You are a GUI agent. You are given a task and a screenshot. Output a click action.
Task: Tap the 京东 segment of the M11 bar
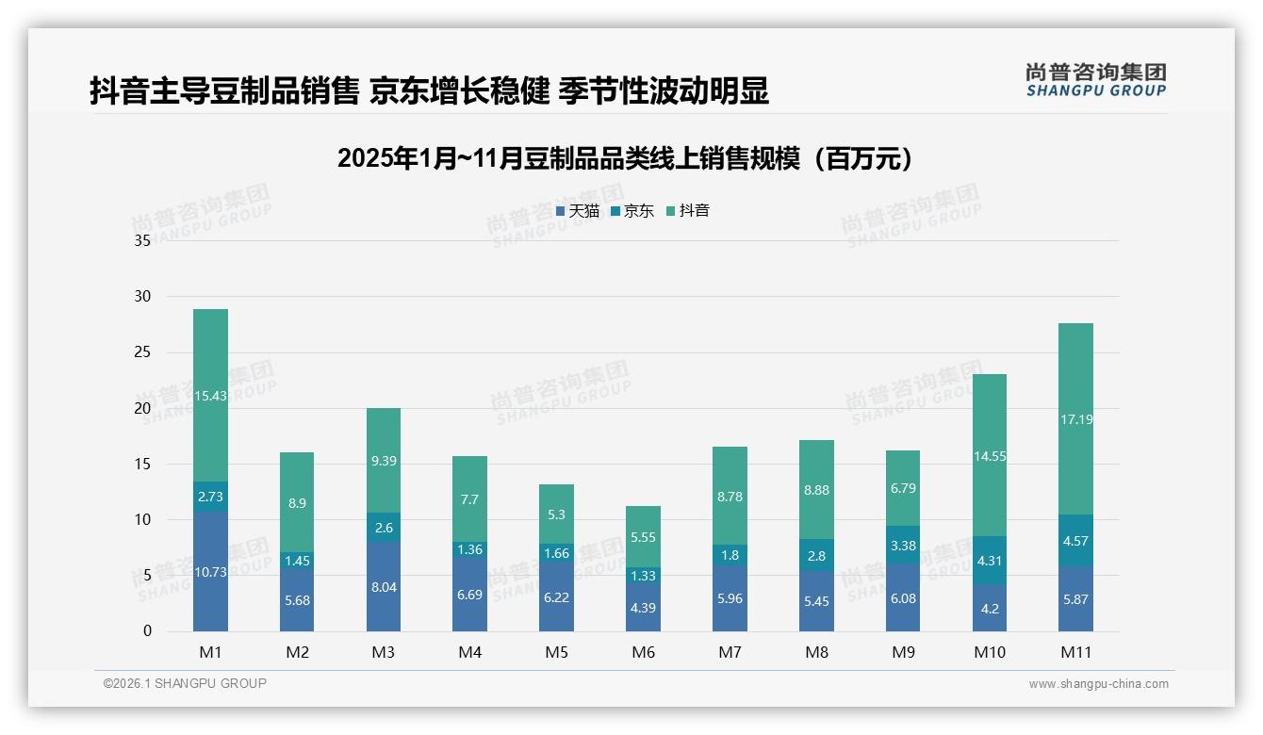point(1075,541)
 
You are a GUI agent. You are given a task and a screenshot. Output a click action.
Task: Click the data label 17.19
point(1075,419)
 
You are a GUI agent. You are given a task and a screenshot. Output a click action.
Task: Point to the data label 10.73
point(210,572)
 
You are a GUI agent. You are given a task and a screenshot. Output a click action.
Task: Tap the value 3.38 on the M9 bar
point(903,545)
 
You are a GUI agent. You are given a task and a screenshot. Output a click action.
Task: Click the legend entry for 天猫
point(578,211)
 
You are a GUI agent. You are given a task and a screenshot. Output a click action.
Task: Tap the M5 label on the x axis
point(556,652)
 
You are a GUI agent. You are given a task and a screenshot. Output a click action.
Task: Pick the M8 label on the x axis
point(816,652)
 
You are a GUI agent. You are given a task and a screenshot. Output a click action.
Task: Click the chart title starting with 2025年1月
point(625,158)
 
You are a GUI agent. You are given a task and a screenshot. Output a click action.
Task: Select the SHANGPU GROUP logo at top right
point(1095,80)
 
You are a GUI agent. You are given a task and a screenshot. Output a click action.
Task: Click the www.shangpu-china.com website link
point(1098,684)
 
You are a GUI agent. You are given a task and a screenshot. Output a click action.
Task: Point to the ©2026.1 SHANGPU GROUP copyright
point(185,683)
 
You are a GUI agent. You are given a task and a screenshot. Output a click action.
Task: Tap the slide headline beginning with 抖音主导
point(429,90)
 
